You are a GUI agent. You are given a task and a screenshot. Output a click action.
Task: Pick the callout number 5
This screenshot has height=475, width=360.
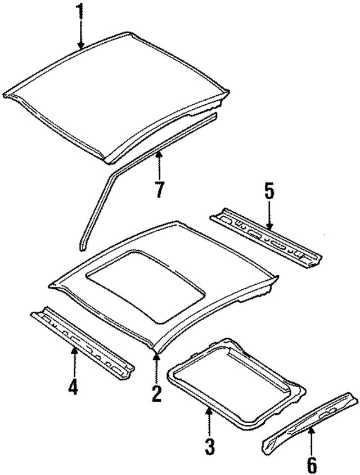269,192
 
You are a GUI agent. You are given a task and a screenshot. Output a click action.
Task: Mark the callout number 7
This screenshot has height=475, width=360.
160,189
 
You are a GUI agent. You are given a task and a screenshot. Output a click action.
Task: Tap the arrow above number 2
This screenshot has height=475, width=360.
156,366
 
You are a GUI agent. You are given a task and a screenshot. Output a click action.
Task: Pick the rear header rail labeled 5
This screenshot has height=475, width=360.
264,236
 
